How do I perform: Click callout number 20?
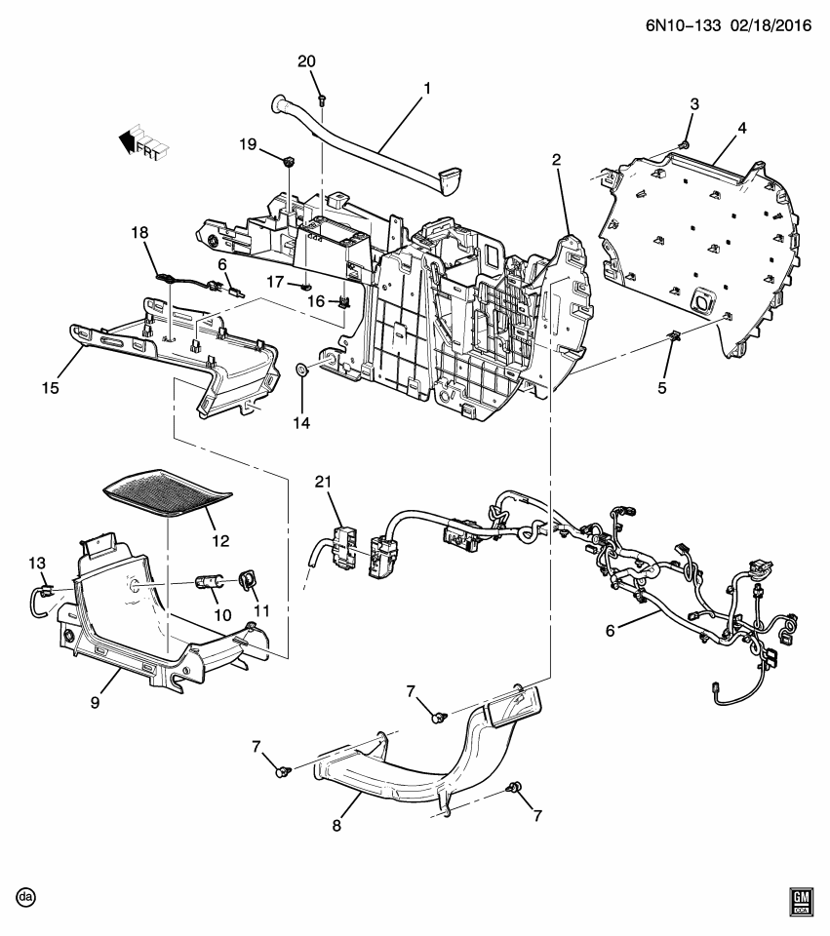click(x=306, y=60)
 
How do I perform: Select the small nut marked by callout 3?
click(x=684, y=145)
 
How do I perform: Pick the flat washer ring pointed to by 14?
click(x=302, y=370)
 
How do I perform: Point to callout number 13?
click(x=37, y=563)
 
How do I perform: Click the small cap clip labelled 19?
click(x=290, y=160)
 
